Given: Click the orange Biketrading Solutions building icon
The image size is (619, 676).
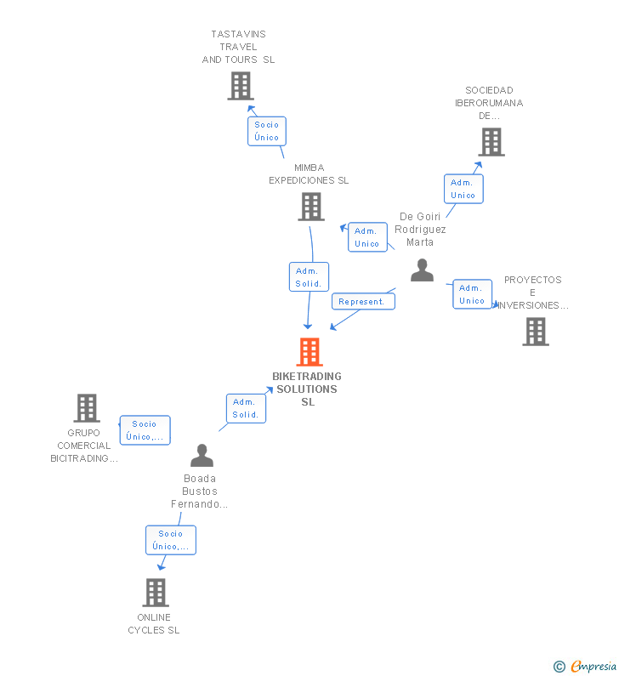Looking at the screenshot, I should (309, 351).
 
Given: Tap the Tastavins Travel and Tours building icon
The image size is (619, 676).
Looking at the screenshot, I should (241, 86).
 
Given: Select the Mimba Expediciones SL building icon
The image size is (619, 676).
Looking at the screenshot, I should (311, 207).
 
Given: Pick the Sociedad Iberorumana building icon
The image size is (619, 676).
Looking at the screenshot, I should (491, 142).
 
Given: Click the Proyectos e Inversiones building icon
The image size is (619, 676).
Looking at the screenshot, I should (536, 332).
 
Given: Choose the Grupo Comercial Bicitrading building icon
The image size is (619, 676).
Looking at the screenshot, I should (87, 408).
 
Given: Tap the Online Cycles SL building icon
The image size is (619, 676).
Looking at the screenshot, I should (156, 592).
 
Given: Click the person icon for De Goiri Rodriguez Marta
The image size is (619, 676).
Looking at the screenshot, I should (422, 270).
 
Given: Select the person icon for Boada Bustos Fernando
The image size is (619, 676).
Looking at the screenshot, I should (202, 456).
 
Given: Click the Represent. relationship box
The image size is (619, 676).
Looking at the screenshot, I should (363, 301).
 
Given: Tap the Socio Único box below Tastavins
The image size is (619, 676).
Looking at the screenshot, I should (267, 131).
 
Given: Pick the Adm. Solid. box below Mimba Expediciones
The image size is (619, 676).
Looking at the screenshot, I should (309, 277).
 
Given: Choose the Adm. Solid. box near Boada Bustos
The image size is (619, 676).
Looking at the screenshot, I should (246, 408).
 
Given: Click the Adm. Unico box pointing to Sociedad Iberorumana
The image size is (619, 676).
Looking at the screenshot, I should (463, 189).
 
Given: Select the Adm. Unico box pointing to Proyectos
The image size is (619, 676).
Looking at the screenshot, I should (473, 294).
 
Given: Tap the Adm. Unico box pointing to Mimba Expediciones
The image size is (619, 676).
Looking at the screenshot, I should (367, 237).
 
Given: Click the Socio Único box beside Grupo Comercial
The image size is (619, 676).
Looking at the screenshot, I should (145, 430).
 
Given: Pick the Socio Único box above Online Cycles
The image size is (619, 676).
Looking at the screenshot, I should (171, 540).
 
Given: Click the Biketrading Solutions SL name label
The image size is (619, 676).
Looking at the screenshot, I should (307, 389).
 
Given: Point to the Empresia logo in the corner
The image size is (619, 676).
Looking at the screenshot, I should (586, 667).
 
